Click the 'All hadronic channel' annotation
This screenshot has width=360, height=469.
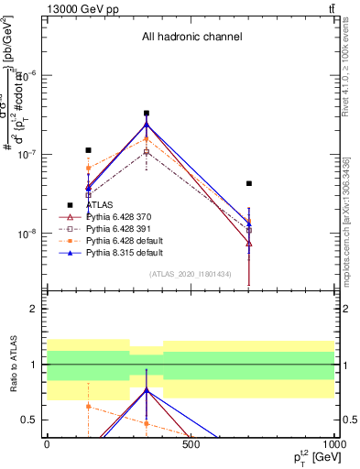tap(191, 38)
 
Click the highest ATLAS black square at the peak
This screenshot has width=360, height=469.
tap(147, 114)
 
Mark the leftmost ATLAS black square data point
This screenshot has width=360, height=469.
tap(88, 150)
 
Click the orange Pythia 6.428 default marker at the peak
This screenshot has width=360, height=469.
tap(147, 139)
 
